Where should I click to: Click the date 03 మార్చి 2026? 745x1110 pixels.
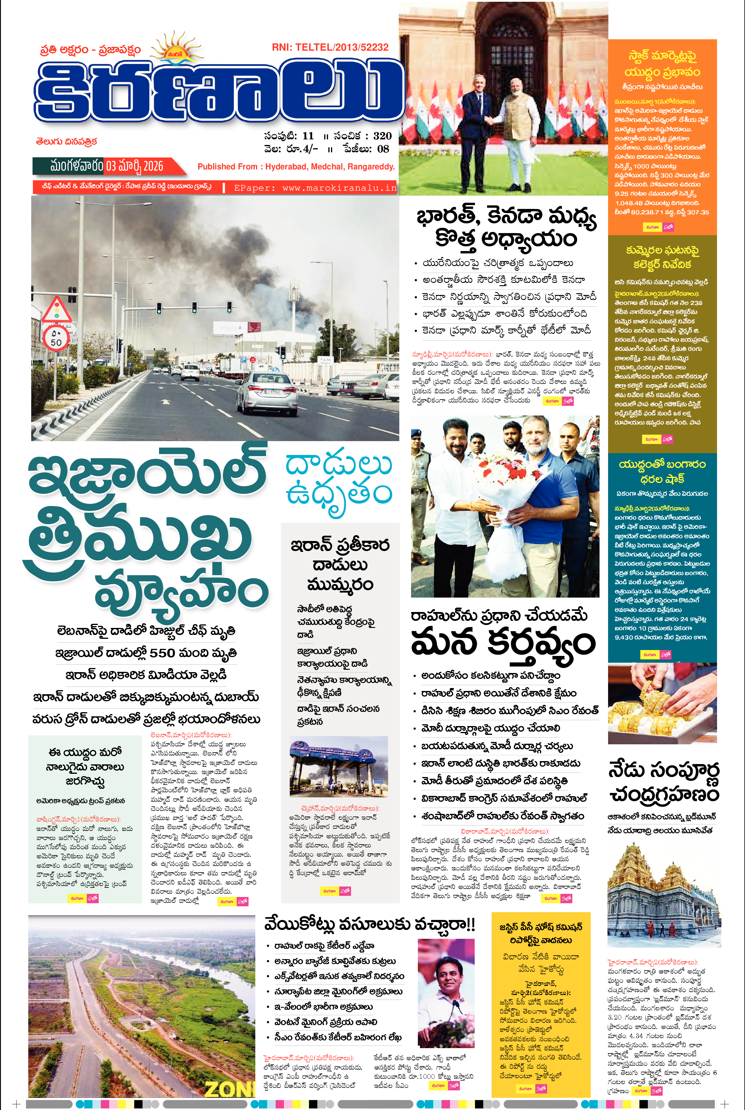click(x=135, y=166)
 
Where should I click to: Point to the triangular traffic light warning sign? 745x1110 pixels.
click(x=57, y=310)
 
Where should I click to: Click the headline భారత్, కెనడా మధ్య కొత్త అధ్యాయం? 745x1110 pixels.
click(x=506, y=227)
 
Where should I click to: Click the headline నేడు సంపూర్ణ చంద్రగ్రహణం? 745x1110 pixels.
click(x=664, y=782)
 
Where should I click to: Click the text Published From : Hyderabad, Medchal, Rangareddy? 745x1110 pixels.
click(x=296, y=167)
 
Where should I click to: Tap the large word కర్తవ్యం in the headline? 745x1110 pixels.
click(x=542, y=644)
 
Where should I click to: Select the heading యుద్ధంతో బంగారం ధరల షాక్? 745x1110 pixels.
click(x=662, y=471)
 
